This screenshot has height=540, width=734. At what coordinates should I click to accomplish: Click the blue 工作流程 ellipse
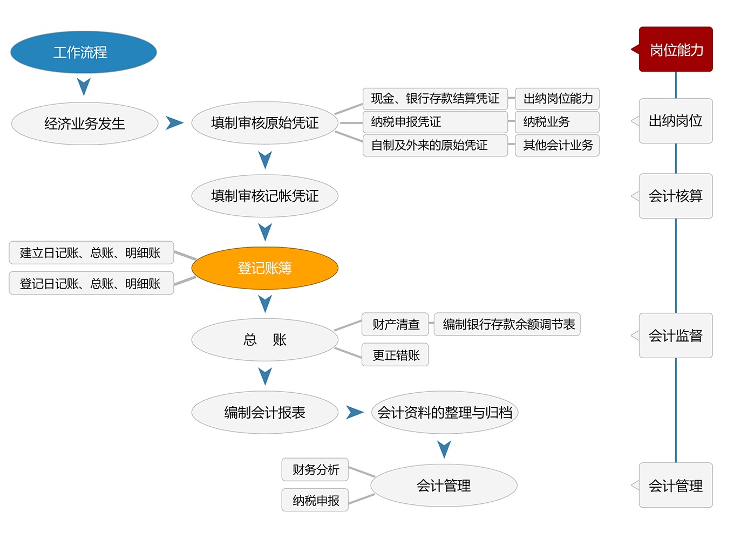click(x=84, y=52)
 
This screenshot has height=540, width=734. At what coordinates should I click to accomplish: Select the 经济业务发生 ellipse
click(x=85, y=124)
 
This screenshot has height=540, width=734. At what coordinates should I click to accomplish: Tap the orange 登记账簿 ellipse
click(x=264, y=268)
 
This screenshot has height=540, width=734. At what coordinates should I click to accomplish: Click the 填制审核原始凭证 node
click(x=264, y=123)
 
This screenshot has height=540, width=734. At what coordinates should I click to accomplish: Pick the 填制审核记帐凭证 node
click(x=264, y=196)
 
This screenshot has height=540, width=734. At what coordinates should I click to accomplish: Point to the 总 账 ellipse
click(x=264, y=340)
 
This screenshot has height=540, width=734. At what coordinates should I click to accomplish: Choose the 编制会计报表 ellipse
click(x=264, y=413)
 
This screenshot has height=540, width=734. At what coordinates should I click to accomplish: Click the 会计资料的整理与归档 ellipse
click(x=445, y=413)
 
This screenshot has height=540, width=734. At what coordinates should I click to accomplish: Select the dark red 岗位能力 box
click(x=676, y=50)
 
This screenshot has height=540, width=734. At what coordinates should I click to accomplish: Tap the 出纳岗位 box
click(x=676, y=121)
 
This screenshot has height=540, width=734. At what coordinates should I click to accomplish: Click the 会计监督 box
click(x=676, y=336)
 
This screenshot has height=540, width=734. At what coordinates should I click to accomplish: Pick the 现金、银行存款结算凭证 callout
click(x=435, y=99)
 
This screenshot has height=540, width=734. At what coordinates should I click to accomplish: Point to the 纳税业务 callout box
click(x=557, y=122)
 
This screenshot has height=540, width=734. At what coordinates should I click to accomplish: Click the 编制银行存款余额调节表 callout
click(x=507, y=324)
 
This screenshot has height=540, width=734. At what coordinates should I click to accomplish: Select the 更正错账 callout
click(x=395, y=355)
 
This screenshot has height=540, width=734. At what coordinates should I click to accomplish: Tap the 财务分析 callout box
click(x=315, y=470)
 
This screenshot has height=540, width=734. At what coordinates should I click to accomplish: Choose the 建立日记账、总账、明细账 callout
click(x=91, y=252)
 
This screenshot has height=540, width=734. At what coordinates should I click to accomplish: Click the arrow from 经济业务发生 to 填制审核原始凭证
click(x=174, y=123)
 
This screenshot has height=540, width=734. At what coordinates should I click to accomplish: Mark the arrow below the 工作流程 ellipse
click(x=84, y=86)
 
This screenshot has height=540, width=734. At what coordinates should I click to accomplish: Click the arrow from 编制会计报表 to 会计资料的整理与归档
click(x=354, y=413)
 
